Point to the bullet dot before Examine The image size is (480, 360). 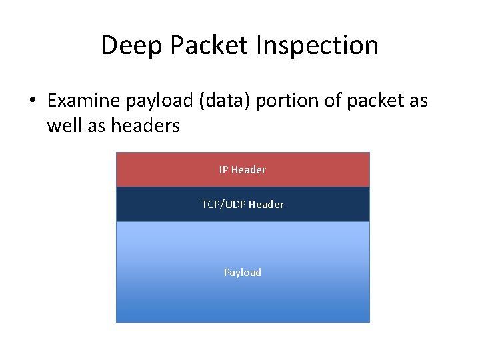(31, 101)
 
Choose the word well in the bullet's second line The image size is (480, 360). (65, 125)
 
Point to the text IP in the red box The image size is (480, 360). (223, 170)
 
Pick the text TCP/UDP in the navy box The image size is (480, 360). (224, 205)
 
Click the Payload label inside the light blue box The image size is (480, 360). (243, 273)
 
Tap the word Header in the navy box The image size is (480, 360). (267, 205)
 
